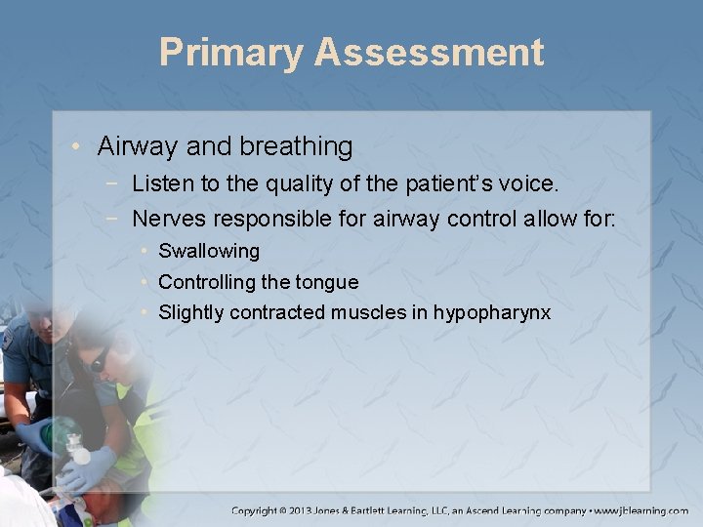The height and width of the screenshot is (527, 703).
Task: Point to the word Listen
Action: [162, 182]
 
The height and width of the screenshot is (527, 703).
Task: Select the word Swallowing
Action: [209, 251]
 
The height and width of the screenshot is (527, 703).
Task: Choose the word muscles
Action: [366, 312]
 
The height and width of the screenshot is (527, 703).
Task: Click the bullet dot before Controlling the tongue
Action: [145, 282]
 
